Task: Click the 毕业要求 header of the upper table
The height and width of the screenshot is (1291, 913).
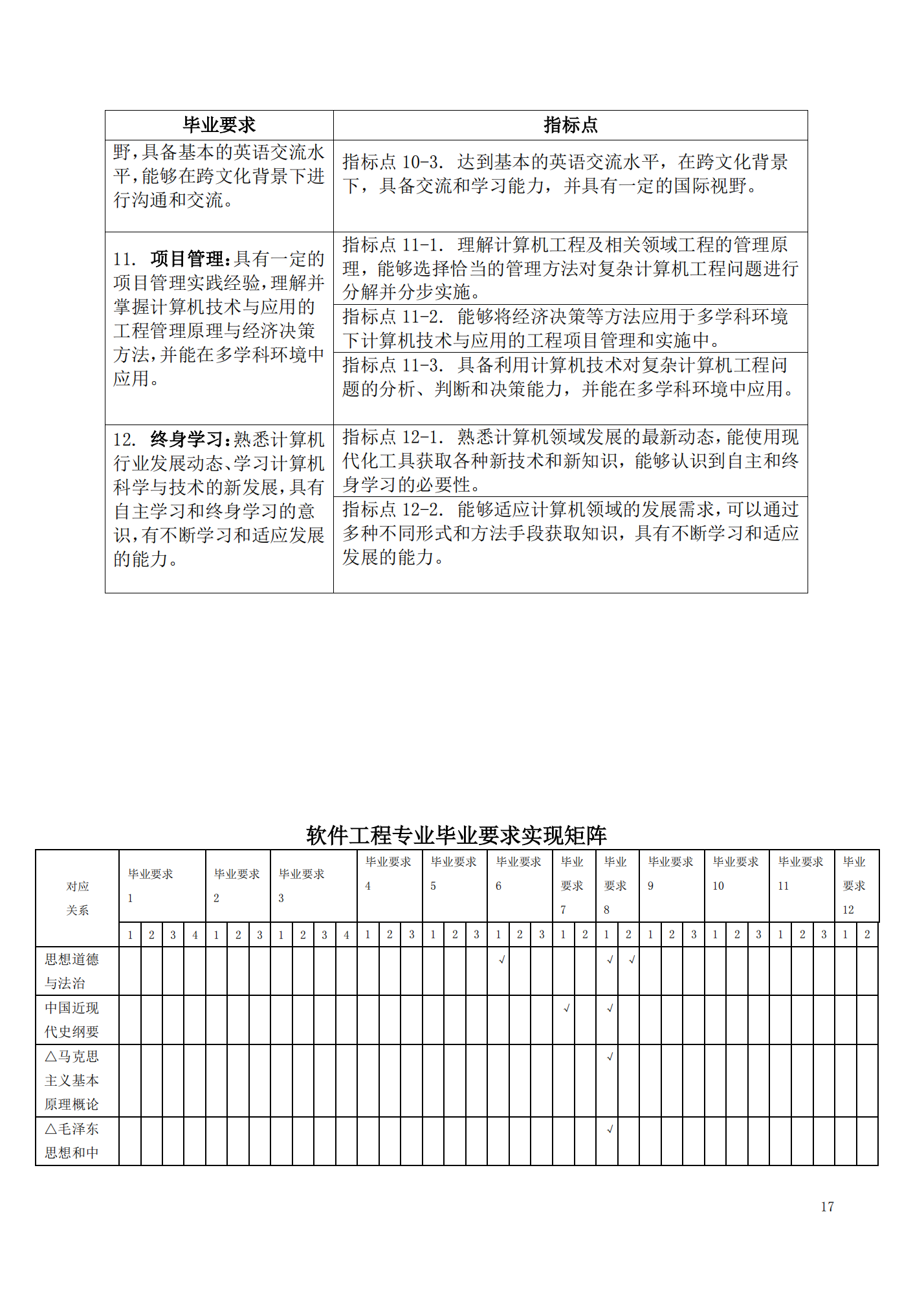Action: (x=219, y=125)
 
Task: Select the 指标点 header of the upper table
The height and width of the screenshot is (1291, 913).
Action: (x=570, y=125)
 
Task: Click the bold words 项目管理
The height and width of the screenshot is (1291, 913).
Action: (x=187, y=259)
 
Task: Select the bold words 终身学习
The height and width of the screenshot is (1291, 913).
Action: (x=187, y=439)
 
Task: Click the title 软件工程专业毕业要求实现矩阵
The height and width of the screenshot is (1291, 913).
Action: (x=456, y=835)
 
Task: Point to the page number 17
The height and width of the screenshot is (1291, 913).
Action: (x=827, y=1206)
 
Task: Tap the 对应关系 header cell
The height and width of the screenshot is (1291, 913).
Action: (x=77, y=898)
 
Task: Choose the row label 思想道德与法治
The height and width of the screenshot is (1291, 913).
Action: (x=71, y=971)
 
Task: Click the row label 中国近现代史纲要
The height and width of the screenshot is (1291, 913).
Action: (x=71, y=1019)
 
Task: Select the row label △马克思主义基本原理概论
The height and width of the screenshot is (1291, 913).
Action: (x=71, y=1080)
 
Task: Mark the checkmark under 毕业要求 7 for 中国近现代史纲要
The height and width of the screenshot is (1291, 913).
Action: (x=566, y=1008)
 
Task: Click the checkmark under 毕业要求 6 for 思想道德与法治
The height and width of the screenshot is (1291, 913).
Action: (x=501, y=960)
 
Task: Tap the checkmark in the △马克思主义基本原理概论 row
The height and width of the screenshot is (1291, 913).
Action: (x=610, y=1057)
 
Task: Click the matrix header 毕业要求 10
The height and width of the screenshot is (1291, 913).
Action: (x=736, y=874)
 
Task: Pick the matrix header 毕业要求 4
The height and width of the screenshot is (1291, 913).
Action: (x=388, y=874)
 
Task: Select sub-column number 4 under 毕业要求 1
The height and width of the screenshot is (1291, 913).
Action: (x=195, y=934)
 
